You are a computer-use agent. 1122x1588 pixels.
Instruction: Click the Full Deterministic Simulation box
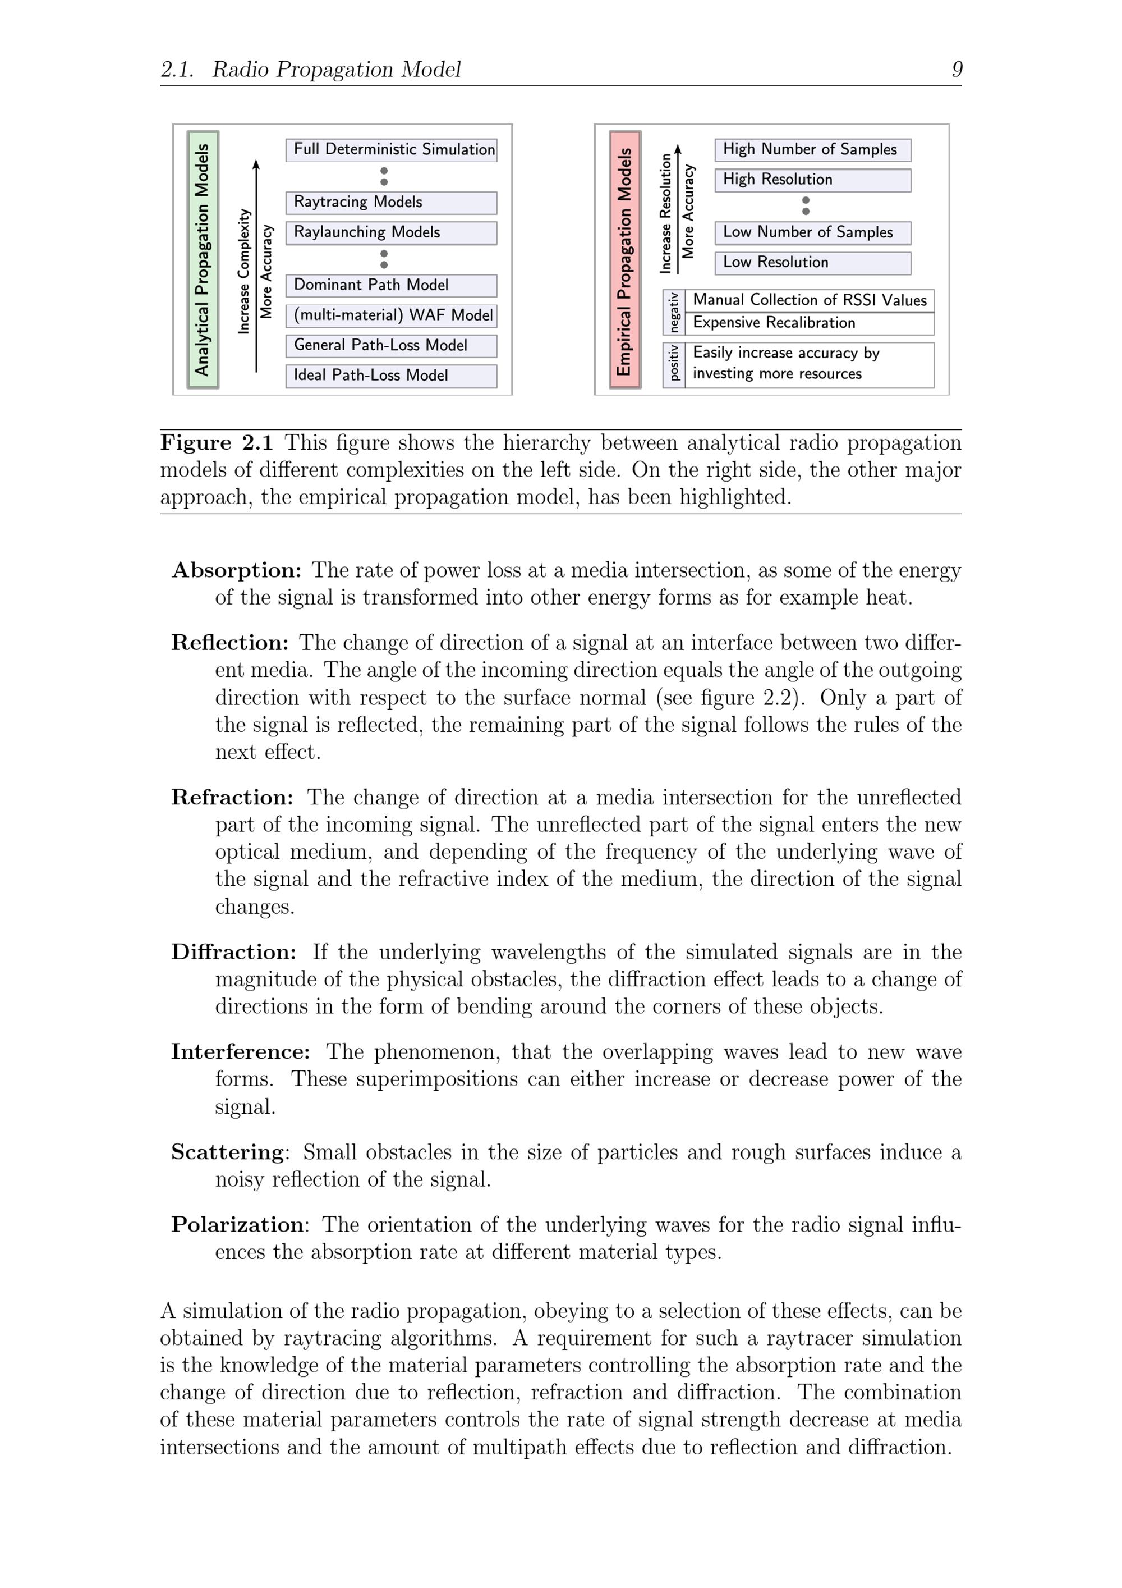(391, 150)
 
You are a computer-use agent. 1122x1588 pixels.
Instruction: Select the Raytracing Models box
(391, 203)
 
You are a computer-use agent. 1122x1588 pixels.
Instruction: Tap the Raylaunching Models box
(391, 232)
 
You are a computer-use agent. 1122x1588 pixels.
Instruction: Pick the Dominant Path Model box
(391, 285)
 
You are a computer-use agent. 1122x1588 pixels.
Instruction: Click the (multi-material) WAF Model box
(391, 315)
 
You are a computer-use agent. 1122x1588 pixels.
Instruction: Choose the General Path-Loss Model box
(391, 345)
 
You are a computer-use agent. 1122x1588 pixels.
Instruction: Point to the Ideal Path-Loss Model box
(391, 376)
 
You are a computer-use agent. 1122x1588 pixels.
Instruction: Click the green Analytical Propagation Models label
(203, 259)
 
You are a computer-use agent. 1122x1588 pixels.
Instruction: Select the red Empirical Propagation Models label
(625, 259)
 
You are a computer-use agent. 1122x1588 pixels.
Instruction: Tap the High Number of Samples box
(812, 150)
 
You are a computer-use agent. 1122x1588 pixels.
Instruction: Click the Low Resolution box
(812, 263)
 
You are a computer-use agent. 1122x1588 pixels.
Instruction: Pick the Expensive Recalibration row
(809, 323)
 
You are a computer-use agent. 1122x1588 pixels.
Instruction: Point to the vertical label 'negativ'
(674, 312)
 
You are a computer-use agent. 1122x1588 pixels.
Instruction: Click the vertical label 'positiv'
(674, 364)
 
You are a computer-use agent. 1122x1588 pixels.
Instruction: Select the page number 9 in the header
(957, 69)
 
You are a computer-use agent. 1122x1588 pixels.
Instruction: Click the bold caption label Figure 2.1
(217, 443)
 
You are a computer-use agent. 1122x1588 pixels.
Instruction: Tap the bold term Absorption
(236, 570)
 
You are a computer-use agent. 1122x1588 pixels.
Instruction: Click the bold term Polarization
(237, 1224)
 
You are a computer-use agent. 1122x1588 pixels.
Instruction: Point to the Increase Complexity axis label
(243, 272)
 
